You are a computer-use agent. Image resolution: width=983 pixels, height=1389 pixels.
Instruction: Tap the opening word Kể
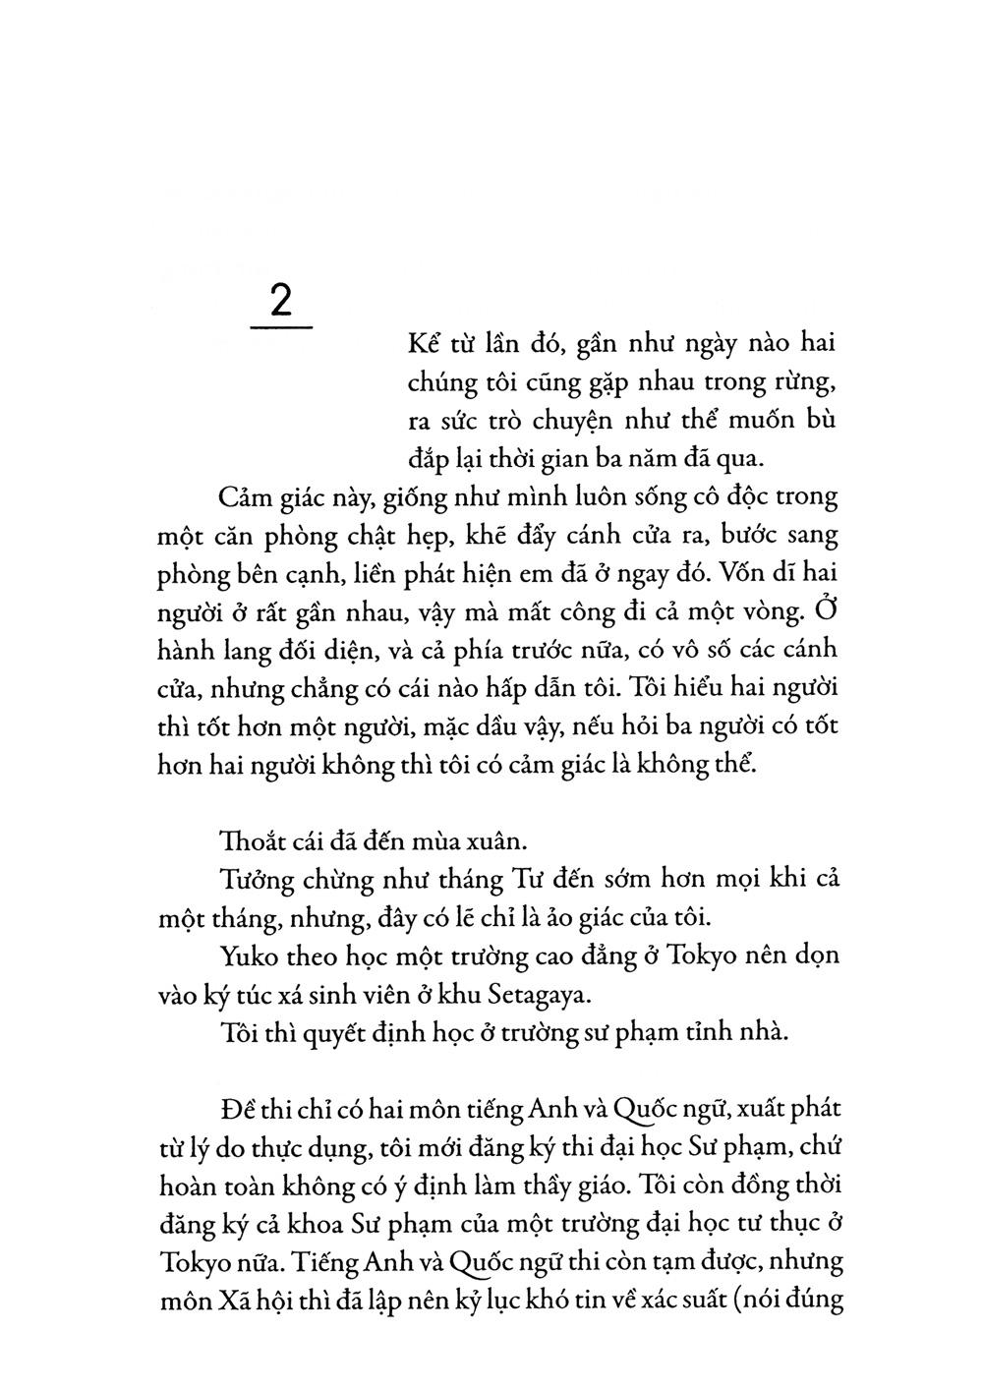coord(424,345)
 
